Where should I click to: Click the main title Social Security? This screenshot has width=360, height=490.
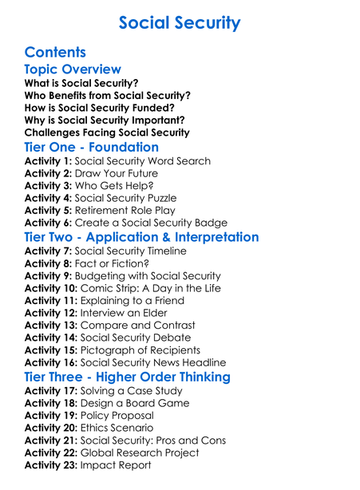click(x=179, y=22)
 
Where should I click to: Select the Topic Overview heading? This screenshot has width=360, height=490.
click(x=73, y=69)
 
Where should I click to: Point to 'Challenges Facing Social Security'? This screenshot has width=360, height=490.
click(x=107, y=132)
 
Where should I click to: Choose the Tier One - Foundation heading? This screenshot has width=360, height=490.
click(x=92, y=148)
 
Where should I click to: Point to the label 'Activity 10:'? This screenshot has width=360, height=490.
click(x=51, y=288)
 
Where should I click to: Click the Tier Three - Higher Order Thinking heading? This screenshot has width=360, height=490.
click(x=127, y=377)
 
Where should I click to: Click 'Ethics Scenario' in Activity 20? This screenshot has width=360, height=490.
click(x=123, y=428)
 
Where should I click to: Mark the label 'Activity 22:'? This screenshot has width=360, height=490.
click(x=51, y=452)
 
